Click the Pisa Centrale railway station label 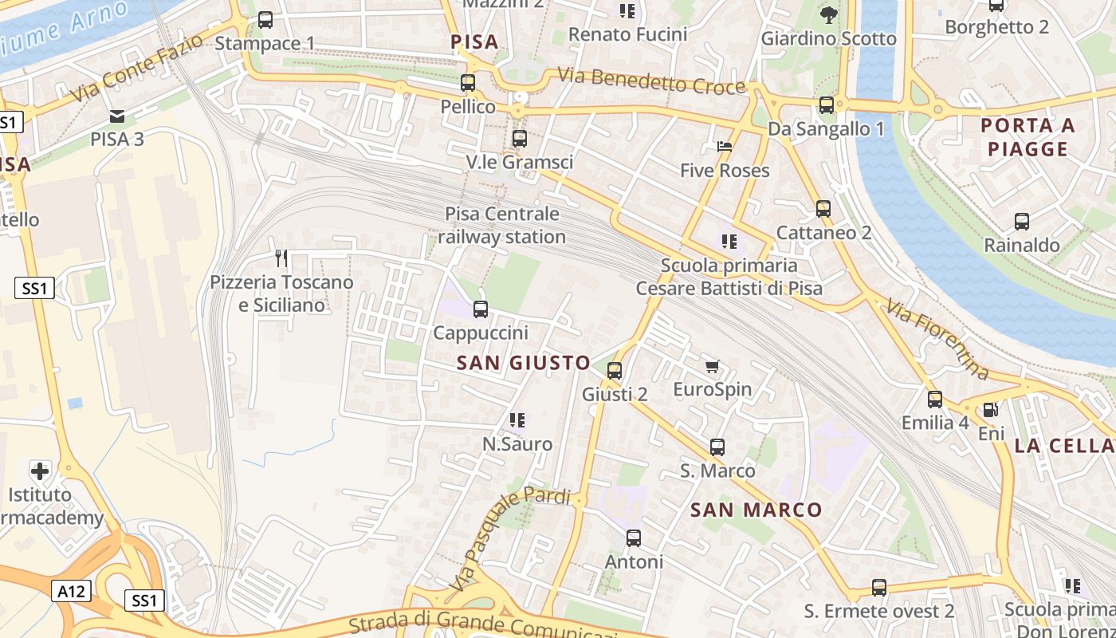coord(501,226)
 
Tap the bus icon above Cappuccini coord(481,309)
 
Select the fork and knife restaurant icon coord(281,258)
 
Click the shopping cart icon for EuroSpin coord(712,367)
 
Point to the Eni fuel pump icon coord(990,410)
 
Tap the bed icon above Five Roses coord(724,147)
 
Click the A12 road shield coord(72,591)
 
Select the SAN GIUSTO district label coord(524,363)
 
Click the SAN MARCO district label coord(756,510)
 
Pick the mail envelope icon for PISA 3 coord(117,116)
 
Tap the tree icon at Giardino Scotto coord(829,14)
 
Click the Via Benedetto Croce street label coord(651,81)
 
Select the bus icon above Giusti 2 coord(614,371)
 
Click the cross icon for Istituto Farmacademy coord(39,471)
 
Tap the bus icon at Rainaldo coord(1021,222)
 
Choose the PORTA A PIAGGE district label coord(1028,137)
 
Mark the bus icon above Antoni coord(634,538)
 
